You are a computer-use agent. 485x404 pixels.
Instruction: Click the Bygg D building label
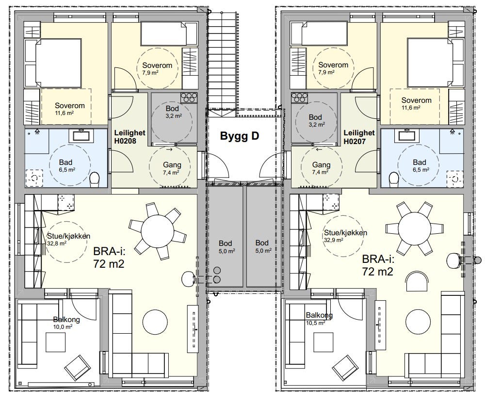coord(240,136)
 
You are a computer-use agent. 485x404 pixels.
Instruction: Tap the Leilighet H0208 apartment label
coord(129,137)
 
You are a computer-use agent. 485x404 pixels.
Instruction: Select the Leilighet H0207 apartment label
coord(359,137)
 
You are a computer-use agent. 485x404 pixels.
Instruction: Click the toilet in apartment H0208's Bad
coord(94,180)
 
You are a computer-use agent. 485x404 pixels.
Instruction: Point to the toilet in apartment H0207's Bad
coord(394,180)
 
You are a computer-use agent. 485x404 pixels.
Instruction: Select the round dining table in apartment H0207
coord(415,228)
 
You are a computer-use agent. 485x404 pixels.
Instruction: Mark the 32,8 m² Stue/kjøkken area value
coord(57,243)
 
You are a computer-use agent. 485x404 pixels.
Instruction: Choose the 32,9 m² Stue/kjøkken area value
coord(334,240)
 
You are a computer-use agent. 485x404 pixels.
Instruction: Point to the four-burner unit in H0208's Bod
coord(189,98)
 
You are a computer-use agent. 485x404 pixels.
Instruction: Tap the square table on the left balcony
coord(56,342)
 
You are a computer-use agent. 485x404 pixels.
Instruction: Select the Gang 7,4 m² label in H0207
coord(321,168)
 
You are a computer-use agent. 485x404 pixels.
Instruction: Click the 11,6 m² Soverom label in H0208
coord(69,109)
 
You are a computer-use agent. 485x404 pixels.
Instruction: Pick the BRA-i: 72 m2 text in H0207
coord(378,265)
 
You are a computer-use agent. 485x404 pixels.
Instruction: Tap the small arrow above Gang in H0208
coord(169,150)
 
